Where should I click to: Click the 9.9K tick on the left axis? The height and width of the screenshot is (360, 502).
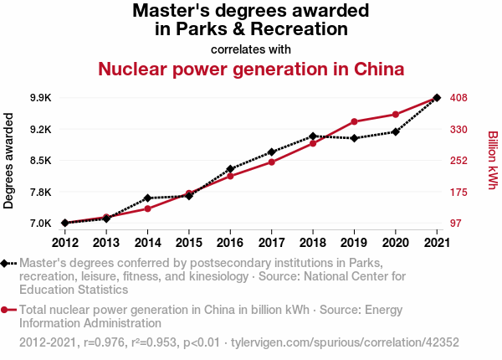[x=39, y=98]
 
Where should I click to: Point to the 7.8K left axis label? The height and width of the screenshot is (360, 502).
[x=39, y=192]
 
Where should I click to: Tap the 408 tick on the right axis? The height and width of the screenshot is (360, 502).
[x=458, y=98]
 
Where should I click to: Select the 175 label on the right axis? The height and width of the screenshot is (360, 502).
[x=458, y=192]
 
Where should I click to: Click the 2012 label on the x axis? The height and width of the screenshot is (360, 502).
[x=64, y=243]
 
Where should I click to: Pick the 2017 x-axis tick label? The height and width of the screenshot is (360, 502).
[x=271, y=243]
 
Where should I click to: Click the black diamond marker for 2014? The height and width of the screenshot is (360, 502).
[x=147, y=198]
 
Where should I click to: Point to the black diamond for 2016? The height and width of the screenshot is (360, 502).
[x=230, y=169]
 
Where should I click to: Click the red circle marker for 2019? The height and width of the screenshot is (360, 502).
[x=354, y=122]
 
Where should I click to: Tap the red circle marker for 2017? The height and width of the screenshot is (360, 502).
[x=271, y=162]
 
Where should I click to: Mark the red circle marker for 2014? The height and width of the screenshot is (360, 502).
[x=147, y=208]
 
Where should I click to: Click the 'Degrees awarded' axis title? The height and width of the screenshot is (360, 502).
[x=9, y=161]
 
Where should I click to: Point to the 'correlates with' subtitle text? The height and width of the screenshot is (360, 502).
[x=251, y=49]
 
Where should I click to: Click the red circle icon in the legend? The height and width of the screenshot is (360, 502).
[x=6, y=309]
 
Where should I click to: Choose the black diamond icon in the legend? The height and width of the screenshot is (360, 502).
[x=6, y=263]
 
